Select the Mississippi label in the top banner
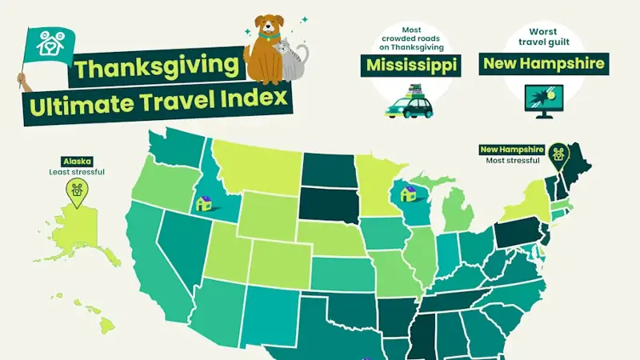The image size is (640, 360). coord(414,65)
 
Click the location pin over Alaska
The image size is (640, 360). coord(77,190)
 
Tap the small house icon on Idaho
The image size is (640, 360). coord(204,203)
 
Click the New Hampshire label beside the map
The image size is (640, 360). coord(512,150)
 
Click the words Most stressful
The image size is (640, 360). coord(512,161)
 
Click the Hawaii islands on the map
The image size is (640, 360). coord(100,315)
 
